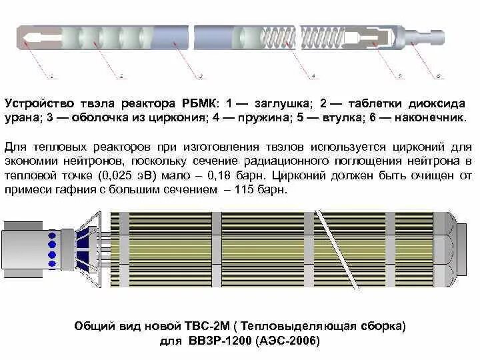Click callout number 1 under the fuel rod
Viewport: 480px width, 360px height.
pyautogui.click(x=52, y=77)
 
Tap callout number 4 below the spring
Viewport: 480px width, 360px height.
pyautogui.click(x=313, y=77)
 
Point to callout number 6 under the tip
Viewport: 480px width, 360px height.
pyautogui.click(x=438, y=77)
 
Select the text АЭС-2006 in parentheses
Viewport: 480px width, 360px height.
pyautogui.click(x=289, y=341)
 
